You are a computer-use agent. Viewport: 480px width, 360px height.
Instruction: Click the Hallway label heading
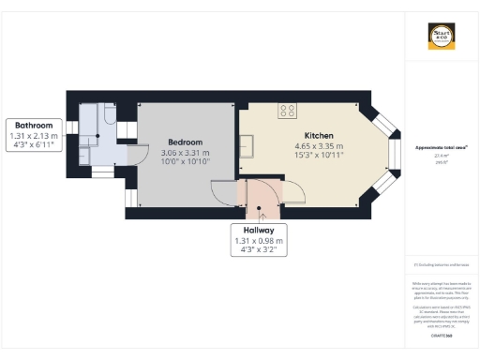(x=258, y=230)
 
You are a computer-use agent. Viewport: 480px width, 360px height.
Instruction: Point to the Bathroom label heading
(x=34, y=125)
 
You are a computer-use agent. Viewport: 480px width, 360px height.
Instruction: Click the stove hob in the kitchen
(x=287, y=111)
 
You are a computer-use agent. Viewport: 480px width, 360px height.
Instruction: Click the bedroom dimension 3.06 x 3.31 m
(x=185, y=152)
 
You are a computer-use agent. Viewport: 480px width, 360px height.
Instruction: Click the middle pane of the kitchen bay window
(x=395, y=153)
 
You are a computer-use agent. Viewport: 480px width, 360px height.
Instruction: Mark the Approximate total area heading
(x=441, y=147)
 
